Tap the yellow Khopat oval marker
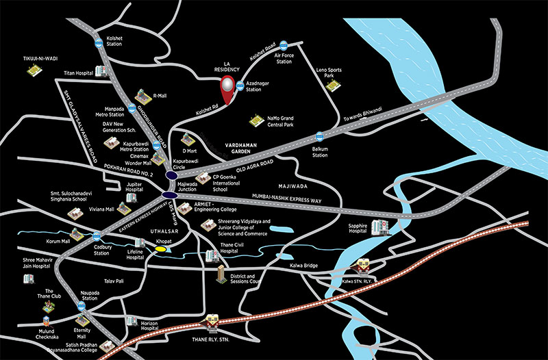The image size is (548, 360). [161, 250]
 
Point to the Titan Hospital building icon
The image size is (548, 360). [102, 71]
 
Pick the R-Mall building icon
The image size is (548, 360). [145, 95]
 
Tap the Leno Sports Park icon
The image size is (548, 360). [334, 85]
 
